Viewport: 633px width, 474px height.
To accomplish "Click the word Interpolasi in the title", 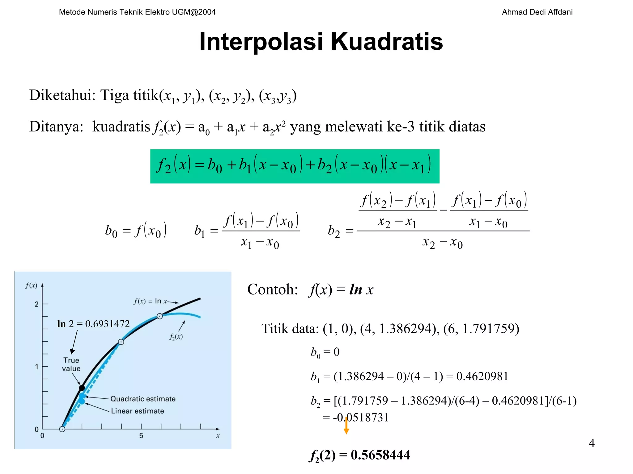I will pos(261,42).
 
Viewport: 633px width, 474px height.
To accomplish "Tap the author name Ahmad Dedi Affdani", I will pos(537,12).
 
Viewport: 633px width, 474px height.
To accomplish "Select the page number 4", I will pos(592,443).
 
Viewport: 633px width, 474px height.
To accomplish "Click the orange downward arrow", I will pos(346,426).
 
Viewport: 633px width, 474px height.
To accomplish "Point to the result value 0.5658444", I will pos(380,455).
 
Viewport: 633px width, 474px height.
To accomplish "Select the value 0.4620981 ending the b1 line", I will pos(482,376).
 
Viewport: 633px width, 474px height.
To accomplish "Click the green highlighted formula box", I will pos(295,166).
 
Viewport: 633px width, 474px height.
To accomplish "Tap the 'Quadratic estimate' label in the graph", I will pos(143,399).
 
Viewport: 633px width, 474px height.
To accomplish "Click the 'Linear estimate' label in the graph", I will pos(138,411).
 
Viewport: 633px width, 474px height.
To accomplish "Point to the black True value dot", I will pos(82,388).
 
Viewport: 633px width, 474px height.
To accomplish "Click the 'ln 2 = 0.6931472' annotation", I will pos(93,324).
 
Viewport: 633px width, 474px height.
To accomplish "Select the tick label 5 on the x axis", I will pos(141,436).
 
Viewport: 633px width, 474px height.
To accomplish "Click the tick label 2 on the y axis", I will pos(36,304).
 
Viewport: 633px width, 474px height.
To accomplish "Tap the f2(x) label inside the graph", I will pos(176,337).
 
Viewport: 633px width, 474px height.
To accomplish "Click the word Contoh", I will pos(272,289).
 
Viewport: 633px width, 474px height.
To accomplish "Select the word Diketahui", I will pos(62,95).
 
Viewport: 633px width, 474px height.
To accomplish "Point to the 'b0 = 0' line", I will pos(325,352).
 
